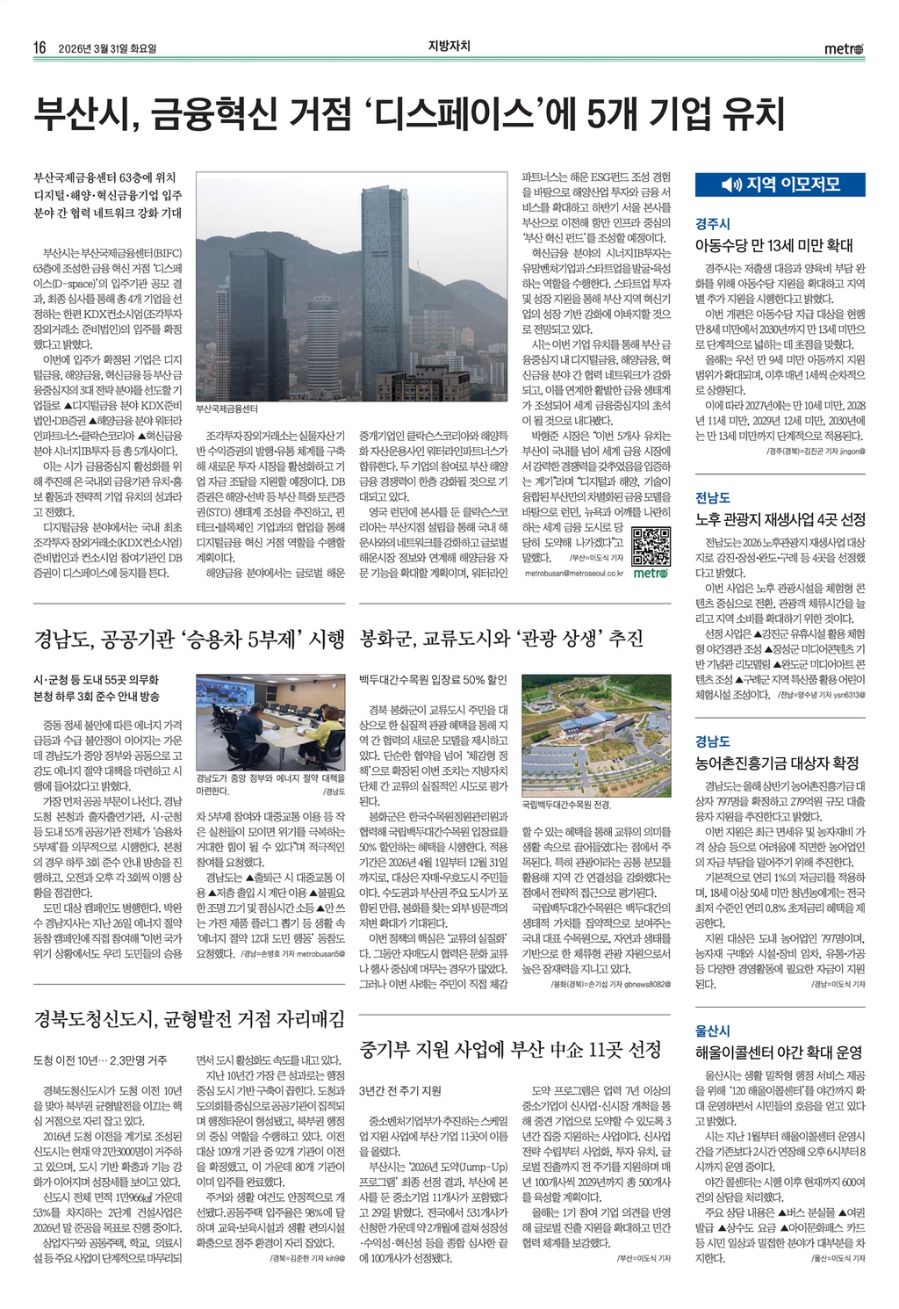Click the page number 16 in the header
[40, 48]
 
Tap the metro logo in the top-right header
[845, 48]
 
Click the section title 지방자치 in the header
[449, 47]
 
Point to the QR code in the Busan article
[651, 546]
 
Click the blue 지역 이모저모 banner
[780, 184]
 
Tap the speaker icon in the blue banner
[730, 184]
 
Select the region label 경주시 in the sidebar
[712, 224]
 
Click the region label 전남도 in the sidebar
[712, 498]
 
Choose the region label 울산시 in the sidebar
[712, 1031]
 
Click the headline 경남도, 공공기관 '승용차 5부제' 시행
[189, 639]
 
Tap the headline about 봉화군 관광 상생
[501, 639]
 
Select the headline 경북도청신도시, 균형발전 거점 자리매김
[189, 1019]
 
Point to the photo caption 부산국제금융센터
[227, 409]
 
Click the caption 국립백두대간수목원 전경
[566, 804]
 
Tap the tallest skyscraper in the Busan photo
[385, 281]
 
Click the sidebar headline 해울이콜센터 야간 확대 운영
[779, 1052]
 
